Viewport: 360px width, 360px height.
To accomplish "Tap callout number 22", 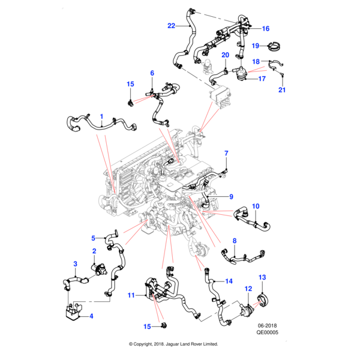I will [171, 26].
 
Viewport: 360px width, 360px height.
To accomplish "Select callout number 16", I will [266, 28].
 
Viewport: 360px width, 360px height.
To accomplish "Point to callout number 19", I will [255, 46].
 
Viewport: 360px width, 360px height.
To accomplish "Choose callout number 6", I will [152, 73].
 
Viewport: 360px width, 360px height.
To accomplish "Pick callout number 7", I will [226, 154].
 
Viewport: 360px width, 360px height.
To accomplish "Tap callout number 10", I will [255, 207].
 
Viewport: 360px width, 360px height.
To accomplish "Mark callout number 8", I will [235, 241].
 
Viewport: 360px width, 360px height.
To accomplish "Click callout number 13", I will [262, 277].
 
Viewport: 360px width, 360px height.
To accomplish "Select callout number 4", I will [91, 316].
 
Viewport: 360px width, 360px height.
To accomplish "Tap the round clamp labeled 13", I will [262, 298].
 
